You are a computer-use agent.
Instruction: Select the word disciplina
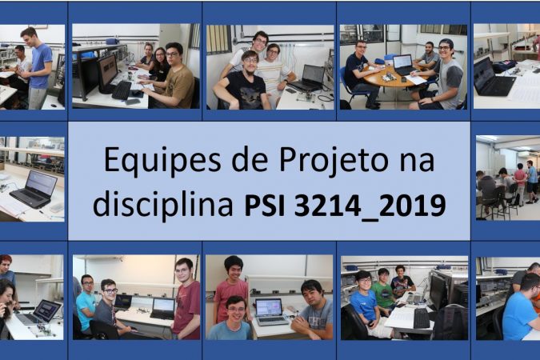pyautogui.click(x=163, y=204)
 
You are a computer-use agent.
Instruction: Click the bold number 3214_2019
pyautogui.click(x=370, y=206)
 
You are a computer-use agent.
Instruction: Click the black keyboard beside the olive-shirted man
pyautogui.click(x=122, y=90)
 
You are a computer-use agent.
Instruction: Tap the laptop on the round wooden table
pyautogui.click(x=403, y=65)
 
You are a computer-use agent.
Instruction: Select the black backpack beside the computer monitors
pyautogui.click(x=450, y=322)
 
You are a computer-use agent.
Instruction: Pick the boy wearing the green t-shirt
pyautogui.click(x=384, y=290)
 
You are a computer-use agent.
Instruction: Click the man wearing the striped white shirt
pyautogui.click(x=274, y=73)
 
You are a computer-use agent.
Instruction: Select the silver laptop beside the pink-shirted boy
pyautogui.click(x=270, y=311)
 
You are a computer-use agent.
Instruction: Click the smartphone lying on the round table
pyautogui.click(x=404, y=79)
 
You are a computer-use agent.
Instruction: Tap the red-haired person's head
pyautogui.click(x=6, y=262)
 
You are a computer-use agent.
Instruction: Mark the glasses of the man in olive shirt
pyautogui.click(x=171, y=54)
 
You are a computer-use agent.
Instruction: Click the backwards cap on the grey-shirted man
pyautogui.click(x=446, y=43)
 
